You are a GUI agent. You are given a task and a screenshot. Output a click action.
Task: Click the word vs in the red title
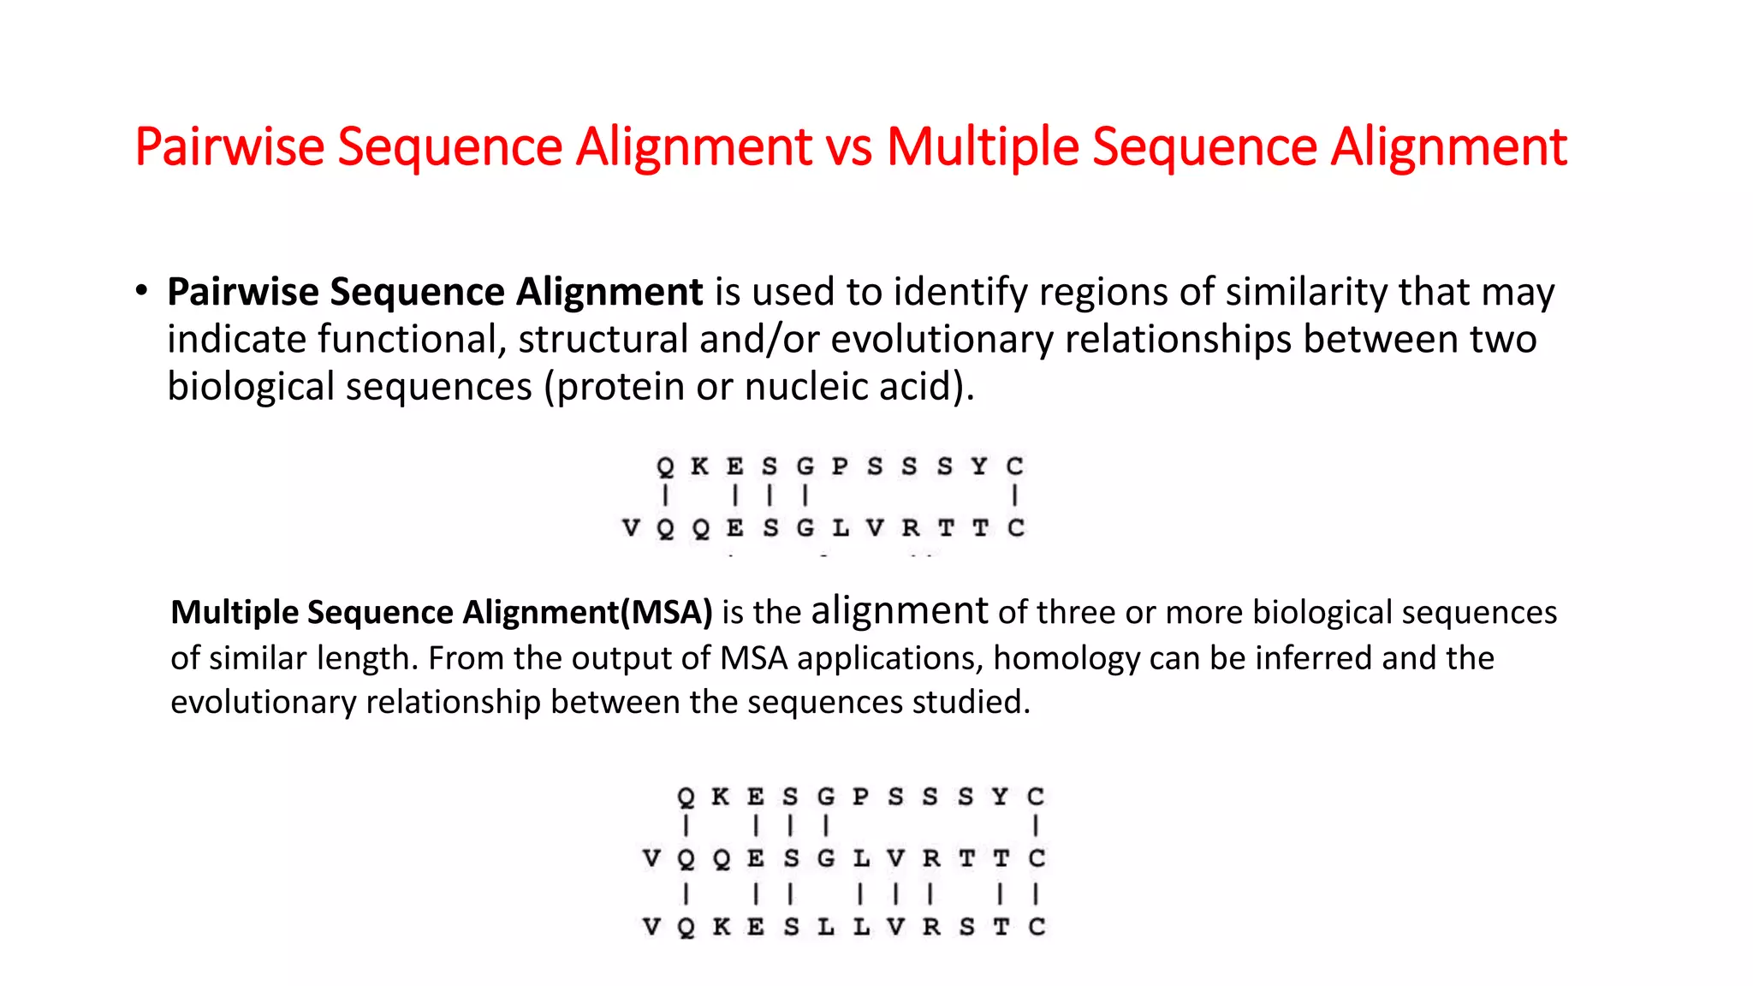[x=849, y=147]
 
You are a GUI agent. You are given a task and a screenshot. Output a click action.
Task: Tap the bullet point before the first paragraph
[x=141, y=291]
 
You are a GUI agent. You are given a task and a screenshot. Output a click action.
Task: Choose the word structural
[x=603, y=340]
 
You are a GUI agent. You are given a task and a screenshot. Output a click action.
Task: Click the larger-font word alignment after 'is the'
[x=900, y=611]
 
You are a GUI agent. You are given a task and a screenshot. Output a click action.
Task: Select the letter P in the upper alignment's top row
[x=840, y=466]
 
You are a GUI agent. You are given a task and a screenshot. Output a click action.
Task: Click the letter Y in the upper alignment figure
[x=979, y=466]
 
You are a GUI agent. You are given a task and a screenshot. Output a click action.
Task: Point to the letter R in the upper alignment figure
[x=910, y=528]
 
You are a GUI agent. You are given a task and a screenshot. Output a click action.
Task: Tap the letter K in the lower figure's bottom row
[x=722, y=927]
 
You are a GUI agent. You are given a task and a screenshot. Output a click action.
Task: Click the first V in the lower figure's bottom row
[x=651, y=927]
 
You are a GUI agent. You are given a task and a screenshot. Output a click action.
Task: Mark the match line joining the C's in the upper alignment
[x=1014, y=496]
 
